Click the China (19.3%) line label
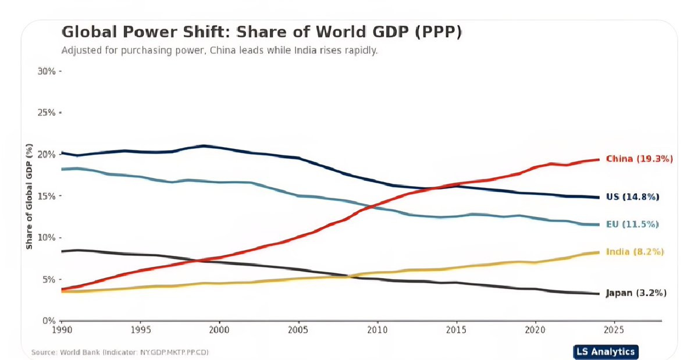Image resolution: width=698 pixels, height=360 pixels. pyautogui.click(x=639, y=159)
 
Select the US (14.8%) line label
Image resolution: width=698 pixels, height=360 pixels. pyautogui.click(x=632, y=197)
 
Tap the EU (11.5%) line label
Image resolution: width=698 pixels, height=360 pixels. pyautogui.click(x=632, y=224)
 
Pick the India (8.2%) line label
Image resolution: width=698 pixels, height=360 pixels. pyautogui.click(x=635, y=252)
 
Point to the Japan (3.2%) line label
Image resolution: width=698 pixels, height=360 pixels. pyautogui.click(x=636, y=293)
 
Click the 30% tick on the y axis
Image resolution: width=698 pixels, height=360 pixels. pyautogui.click(x=46, y=72)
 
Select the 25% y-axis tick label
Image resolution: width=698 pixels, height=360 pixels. pyautogui.click(x=46, y=113)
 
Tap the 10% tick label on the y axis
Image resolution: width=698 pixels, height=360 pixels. pyautogui.click(x=46, y=238)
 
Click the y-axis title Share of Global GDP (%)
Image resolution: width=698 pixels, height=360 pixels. pyautogui.click(x=29, y=196)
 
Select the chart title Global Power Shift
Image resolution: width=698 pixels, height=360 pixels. pyautogui.click(x=261, y=32)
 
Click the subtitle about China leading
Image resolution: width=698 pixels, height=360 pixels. pyautogui.click(x=219, y=51)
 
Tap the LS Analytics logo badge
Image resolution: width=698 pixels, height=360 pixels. pyautogui.click(x=605, y=351)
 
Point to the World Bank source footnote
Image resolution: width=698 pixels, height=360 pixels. pyautogui.click(x=120, y=352)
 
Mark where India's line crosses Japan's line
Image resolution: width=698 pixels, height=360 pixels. pyautogui.click(x=347, y=276)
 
